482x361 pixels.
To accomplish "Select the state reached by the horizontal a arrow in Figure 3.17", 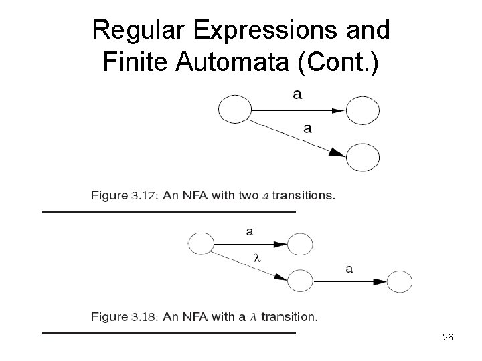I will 362,111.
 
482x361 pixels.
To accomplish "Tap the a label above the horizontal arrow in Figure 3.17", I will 297,94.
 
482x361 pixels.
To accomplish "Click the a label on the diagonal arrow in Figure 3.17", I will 307,129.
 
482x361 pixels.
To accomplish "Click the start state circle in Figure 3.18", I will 202,244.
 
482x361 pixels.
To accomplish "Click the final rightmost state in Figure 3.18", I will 400,281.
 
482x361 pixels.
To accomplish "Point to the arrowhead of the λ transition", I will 281,276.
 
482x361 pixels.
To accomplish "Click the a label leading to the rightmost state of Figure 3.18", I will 349,269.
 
